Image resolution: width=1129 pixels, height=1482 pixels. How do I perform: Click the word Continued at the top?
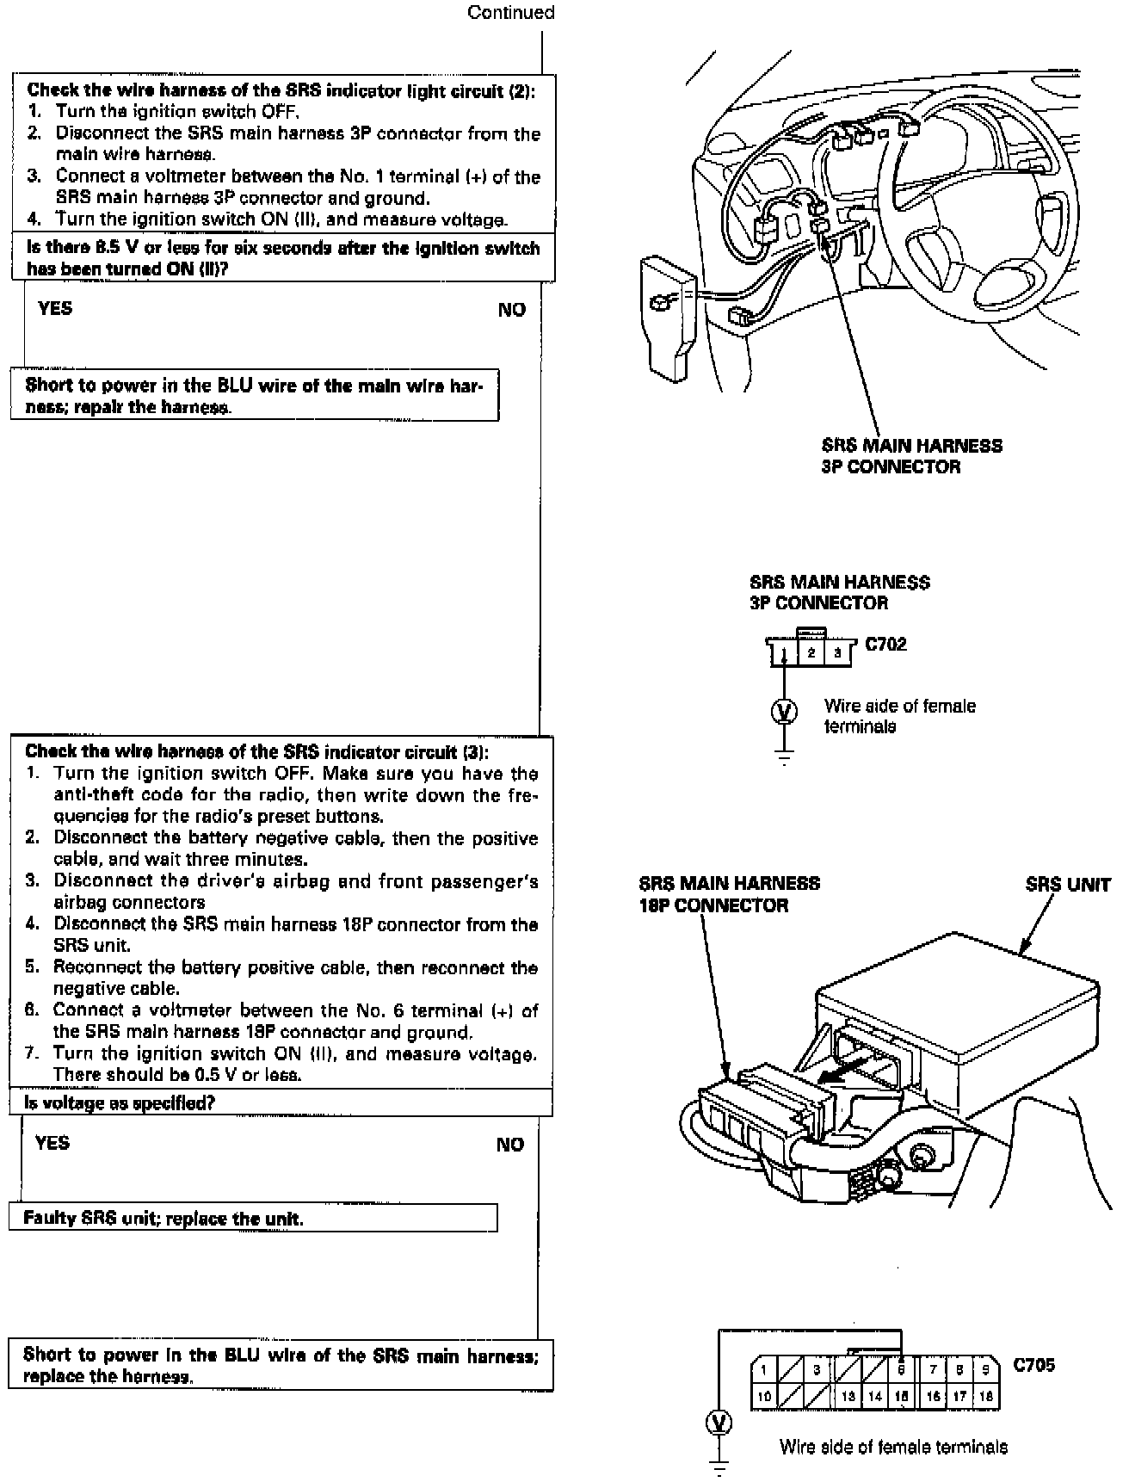point(510,12)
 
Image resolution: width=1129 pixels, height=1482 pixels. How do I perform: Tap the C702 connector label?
point(885,644)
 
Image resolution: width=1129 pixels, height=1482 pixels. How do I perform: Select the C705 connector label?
point(1033,1364)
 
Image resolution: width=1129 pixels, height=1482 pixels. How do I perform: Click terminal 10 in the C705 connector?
point(764,1396)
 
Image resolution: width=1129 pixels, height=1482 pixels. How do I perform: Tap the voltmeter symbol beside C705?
point(719,1423)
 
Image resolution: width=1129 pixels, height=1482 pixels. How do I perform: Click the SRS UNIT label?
point(1067,885)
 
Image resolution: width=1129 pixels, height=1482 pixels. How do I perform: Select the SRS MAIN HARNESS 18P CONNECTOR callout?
point(729,893)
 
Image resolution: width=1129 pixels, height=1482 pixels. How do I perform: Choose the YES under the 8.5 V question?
point(55,308)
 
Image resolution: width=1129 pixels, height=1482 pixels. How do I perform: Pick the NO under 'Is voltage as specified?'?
point(509,1144)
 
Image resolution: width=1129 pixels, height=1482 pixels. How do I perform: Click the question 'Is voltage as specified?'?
point(120,1102)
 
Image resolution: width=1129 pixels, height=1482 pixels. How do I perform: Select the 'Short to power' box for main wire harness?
point(255,396)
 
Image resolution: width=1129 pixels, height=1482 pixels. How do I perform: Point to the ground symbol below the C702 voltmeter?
point(783,757)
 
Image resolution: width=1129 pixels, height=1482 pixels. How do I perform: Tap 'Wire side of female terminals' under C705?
point(893,1446)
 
